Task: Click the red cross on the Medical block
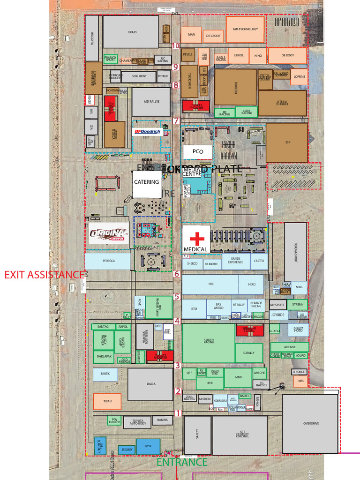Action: pos(196,238)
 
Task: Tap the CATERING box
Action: pos(147,182)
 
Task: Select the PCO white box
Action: pos(197,151)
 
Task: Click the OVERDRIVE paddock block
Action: pos(310,423)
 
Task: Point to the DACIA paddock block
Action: pos(150,384)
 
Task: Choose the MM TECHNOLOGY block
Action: pos(245,29)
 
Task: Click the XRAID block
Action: pos(131,32)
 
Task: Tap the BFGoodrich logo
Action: pos(147,132)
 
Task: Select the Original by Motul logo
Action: pos(109,233)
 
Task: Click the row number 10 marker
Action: pos(176,46)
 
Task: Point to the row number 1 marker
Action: pos(178,413)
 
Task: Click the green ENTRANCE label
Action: pos(182,462)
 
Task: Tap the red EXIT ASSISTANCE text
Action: pos(44,275)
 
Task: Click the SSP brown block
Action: pos(287,142)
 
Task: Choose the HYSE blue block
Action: pos(148,446)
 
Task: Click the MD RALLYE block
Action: pos(150,102)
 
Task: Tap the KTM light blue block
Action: pos(194,309)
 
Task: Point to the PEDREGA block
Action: pos(108,261)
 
